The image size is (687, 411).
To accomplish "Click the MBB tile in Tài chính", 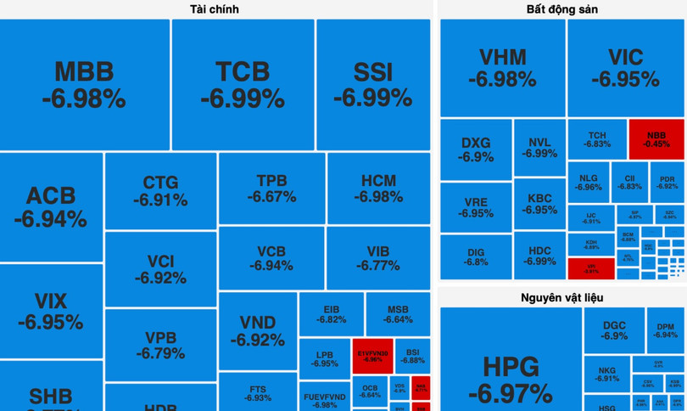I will pyautogui.click(x=85, y=85).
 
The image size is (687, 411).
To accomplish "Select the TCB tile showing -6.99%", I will pyautogui.click(x=243, y=85).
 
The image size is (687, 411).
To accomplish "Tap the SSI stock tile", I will pyautogui.click(x=373, y=85).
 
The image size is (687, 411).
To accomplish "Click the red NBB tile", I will pyautogui.click(x=656, y=139).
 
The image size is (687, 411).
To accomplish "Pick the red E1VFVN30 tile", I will pyautogui.click(x=372, y=356).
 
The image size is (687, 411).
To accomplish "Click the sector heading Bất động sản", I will pyautogui.click(x=561, y=9).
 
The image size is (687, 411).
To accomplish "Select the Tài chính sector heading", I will pyautogui.click(x=214, y=9).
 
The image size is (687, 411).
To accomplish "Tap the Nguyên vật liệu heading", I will pyautogui.click(x=561, y=298).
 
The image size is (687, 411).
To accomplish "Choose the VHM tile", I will pyautogui.click(x=502, y=68).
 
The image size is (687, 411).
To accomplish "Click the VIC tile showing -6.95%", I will pyautogui.click(x=626, y=68).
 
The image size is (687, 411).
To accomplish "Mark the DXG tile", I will pyautogui.click(x=476, y=149).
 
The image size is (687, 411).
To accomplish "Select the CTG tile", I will pyautogui.click(x=160, y=191).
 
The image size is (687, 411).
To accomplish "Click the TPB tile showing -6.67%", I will pyautogui.click(x=271, y=189).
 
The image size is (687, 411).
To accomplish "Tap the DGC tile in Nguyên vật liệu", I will pyautogui.click(x=614, y=330).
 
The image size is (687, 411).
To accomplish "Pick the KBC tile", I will pyautogui.click(x=539, y=204).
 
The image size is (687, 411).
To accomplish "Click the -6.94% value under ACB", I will pyautogui.click(x=50, y=220).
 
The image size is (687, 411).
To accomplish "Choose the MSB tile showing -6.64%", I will pyautogui.click(x=398, y=314).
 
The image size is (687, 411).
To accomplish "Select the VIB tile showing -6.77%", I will pyautogui.click(x=378, y=258).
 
